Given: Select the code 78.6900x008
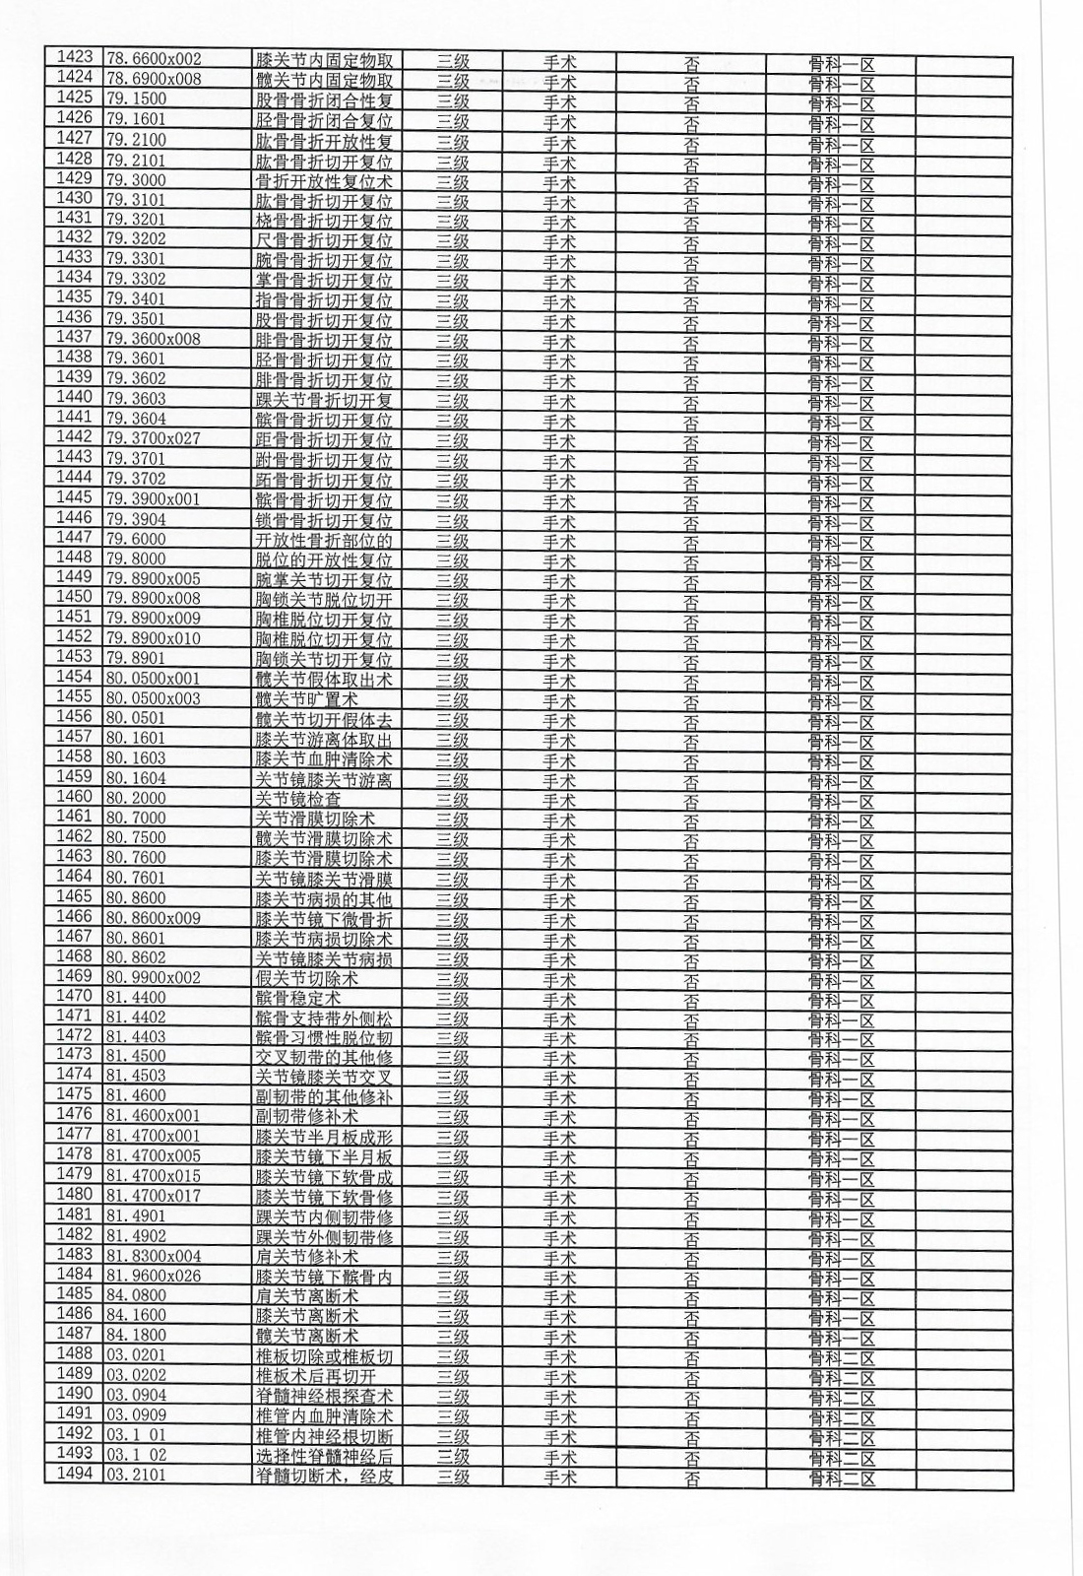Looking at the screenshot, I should (153, 79).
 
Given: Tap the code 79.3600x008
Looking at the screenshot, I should (153, 339).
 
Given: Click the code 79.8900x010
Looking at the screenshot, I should (153, 638).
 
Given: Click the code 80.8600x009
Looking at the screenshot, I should (153, 918).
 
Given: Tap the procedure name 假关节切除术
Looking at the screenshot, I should (306, 978).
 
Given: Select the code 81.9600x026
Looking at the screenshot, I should (153, 1276).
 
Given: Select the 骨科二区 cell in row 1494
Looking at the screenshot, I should (842, 1477).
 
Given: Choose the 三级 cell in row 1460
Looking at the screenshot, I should (453, 799).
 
